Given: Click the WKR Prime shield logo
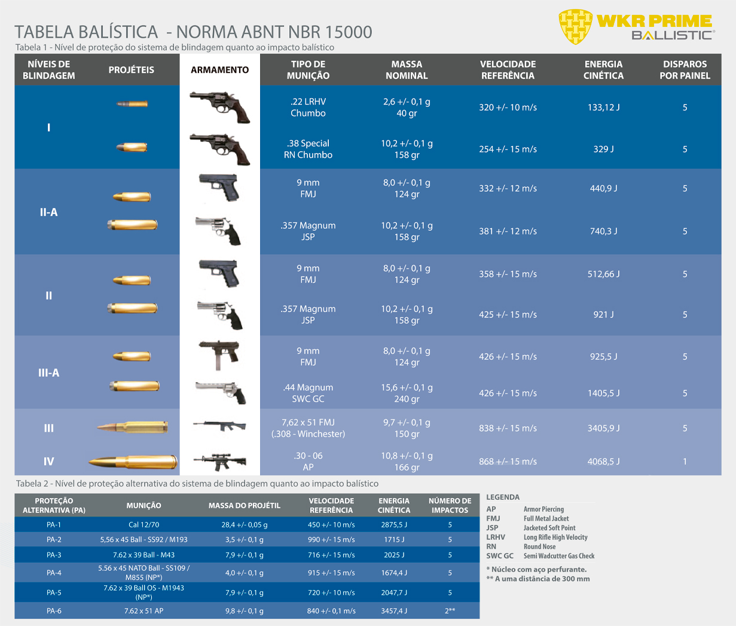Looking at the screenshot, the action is (x=575, y=27).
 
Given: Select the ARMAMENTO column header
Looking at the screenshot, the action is (x=219, y=70).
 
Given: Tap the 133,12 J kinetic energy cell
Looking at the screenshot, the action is (x=603, y=107).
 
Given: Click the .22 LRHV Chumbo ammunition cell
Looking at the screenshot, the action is (x=308, y=107).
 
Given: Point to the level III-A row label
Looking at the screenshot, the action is (x=49, y=373).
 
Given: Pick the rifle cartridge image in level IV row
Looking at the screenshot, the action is (x=133, y=462).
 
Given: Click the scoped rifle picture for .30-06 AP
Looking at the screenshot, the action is (x=219, y=462).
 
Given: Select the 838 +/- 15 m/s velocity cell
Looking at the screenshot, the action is (x=508, y=428).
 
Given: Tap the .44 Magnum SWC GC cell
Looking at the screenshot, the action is (x=308, y=393).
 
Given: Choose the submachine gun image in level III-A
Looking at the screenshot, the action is (x=219, y=355).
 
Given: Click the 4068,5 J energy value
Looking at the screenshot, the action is (x=603, y=462).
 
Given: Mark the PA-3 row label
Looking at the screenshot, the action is (x=54, y=555).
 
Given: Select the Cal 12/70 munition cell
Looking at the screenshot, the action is (x=144, y=524).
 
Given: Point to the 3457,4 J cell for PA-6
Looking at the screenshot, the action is (x=394, y=610).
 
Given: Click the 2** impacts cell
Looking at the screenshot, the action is (x=450, y=610).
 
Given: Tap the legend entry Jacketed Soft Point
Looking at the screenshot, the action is (x=549, y=528).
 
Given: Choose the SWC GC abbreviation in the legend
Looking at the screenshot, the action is (x=500, y=556).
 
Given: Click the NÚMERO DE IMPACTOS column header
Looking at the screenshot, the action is (x=450, y=505).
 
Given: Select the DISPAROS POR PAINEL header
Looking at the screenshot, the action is (x=685, y=70).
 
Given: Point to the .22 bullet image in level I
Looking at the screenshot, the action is (x=132, y=104).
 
